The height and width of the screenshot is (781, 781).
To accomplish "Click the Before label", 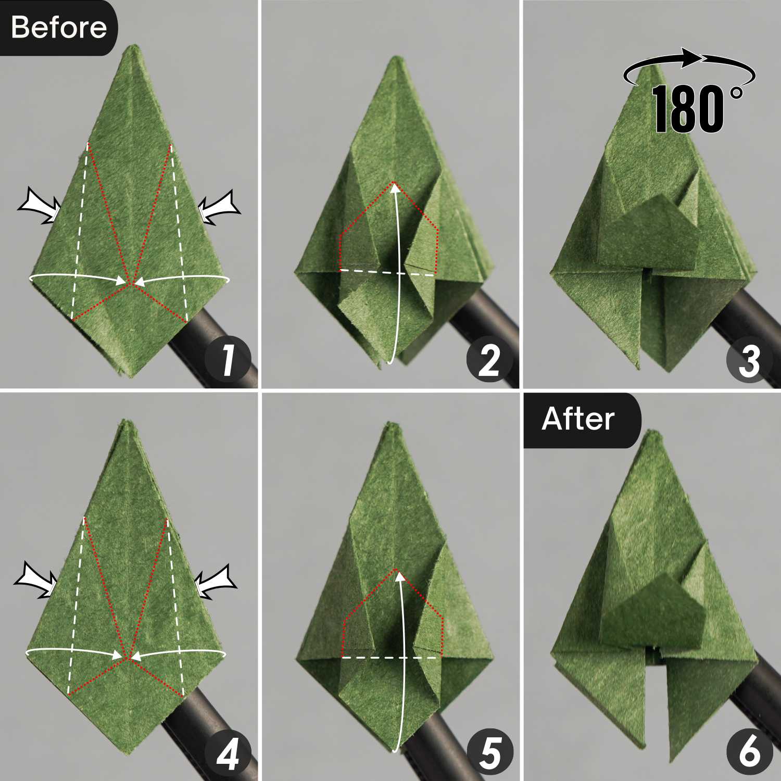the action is pos(58,27).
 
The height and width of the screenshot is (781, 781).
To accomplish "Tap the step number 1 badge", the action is pos(228,360).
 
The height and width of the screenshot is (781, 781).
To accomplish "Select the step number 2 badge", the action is pos(490,360).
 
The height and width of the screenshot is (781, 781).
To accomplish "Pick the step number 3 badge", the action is pos(750,360).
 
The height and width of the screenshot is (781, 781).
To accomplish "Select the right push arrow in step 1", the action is pos(219,207).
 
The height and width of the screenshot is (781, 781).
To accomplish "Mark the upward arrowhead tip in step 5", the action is pos(398,572).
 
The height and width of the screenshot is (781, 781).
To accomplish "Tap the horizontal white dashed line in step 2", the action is pos(387,272).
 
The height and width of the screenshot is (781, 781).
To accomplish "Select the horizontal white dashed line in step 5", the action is pos(392,658).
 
